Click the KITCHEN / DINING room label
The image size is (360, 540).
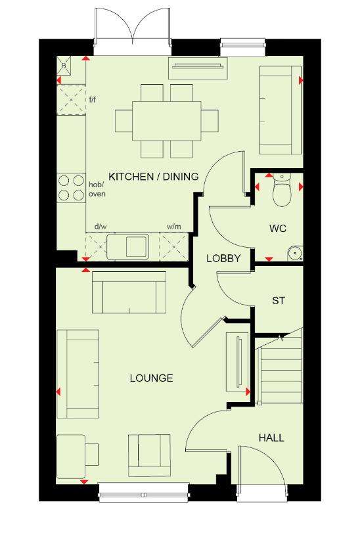click(x=154, y=177)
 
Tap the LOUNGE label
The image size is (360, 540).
click(x=151, y=378)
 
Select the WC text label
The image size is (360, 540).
click(x=278, y=229)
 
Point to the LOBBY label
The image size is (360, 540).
click(x=223, y=258)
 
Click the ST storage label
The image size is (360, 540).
click(x=279, y=301)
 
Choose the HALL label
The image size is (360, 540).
click(x=271, y=438)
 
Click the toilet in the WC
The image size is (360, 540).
click(x=282, y=189)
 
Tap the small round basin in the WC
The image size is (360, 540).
click(x=295, y=254)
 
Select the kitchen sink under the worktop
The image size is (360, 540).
click(x=128, y=246)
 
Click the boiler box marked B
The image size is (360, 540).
click(x=64, y=66)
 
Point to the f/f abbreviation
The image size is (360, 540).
click(x=93, y=100)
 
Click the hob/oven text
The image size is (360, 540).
click(x=97, y=189)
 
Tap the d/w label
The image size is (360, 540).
click(x=101, y=227)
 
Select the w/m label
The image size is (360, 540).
click(x=174, y=227)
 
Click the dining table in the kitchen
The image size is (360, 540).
click(x=166, y=120)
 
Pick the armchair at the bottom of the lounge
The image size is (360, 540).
click(x=150, y=455)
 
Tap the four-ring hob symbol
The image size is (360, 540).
click(x=72, y=188)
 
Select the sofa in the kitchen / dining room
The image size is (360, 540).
click(x=281, y=110)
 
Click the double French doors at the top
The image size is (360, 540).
click(x=133, y=31)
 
